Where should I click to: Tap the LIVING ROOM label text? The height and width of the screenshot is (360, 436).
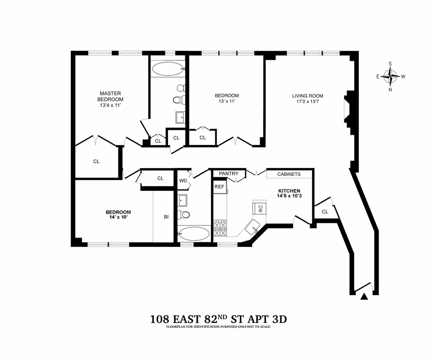click(x=307, y=96)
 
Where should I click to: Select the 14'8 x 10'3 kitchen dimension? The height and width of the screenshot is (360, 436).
click(x=289, y=197)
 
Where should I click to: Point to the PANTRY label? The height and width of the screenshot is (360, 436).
click(x=229, y=174)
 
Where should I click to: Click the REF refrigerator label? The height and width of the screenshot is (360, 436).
click(x=219, y=186)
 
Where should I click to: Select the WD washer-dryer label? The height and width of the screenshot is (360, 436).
click(x=183, y=181)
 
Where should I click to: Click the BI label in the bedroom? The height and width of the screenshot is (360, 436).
click(x=166, y=217)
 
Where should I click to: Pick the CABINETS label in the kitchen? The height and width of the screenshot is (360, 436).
click(x=289, y=174)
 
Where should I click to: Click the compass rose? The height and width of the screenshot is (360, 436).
click(x=390, y=77)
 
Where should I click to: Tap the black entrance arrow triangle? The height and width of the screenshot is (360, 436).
click(x=364, y=297)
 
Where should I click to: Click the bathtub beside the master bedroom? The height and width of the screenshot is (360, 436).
click(x=168, y=69)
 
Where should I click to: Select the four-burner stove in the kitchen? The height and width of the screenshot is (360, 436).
click(x=220, y=228)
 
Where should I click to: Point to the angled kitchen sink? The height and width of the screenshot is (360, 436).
click(x=252, y=228)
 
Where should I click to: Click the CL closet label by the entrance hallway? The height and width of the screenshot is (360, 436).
click(x=325, y=211)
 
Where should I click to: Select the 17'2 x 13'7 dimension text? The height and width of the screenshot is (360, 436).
click(x=307, y=102)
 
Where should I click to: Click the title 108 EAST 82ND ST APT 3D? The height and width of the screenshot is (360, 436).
click(x=218, y=319)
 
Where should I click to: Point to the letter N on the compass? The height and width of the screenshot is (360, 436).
click(x=390, y=90)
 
